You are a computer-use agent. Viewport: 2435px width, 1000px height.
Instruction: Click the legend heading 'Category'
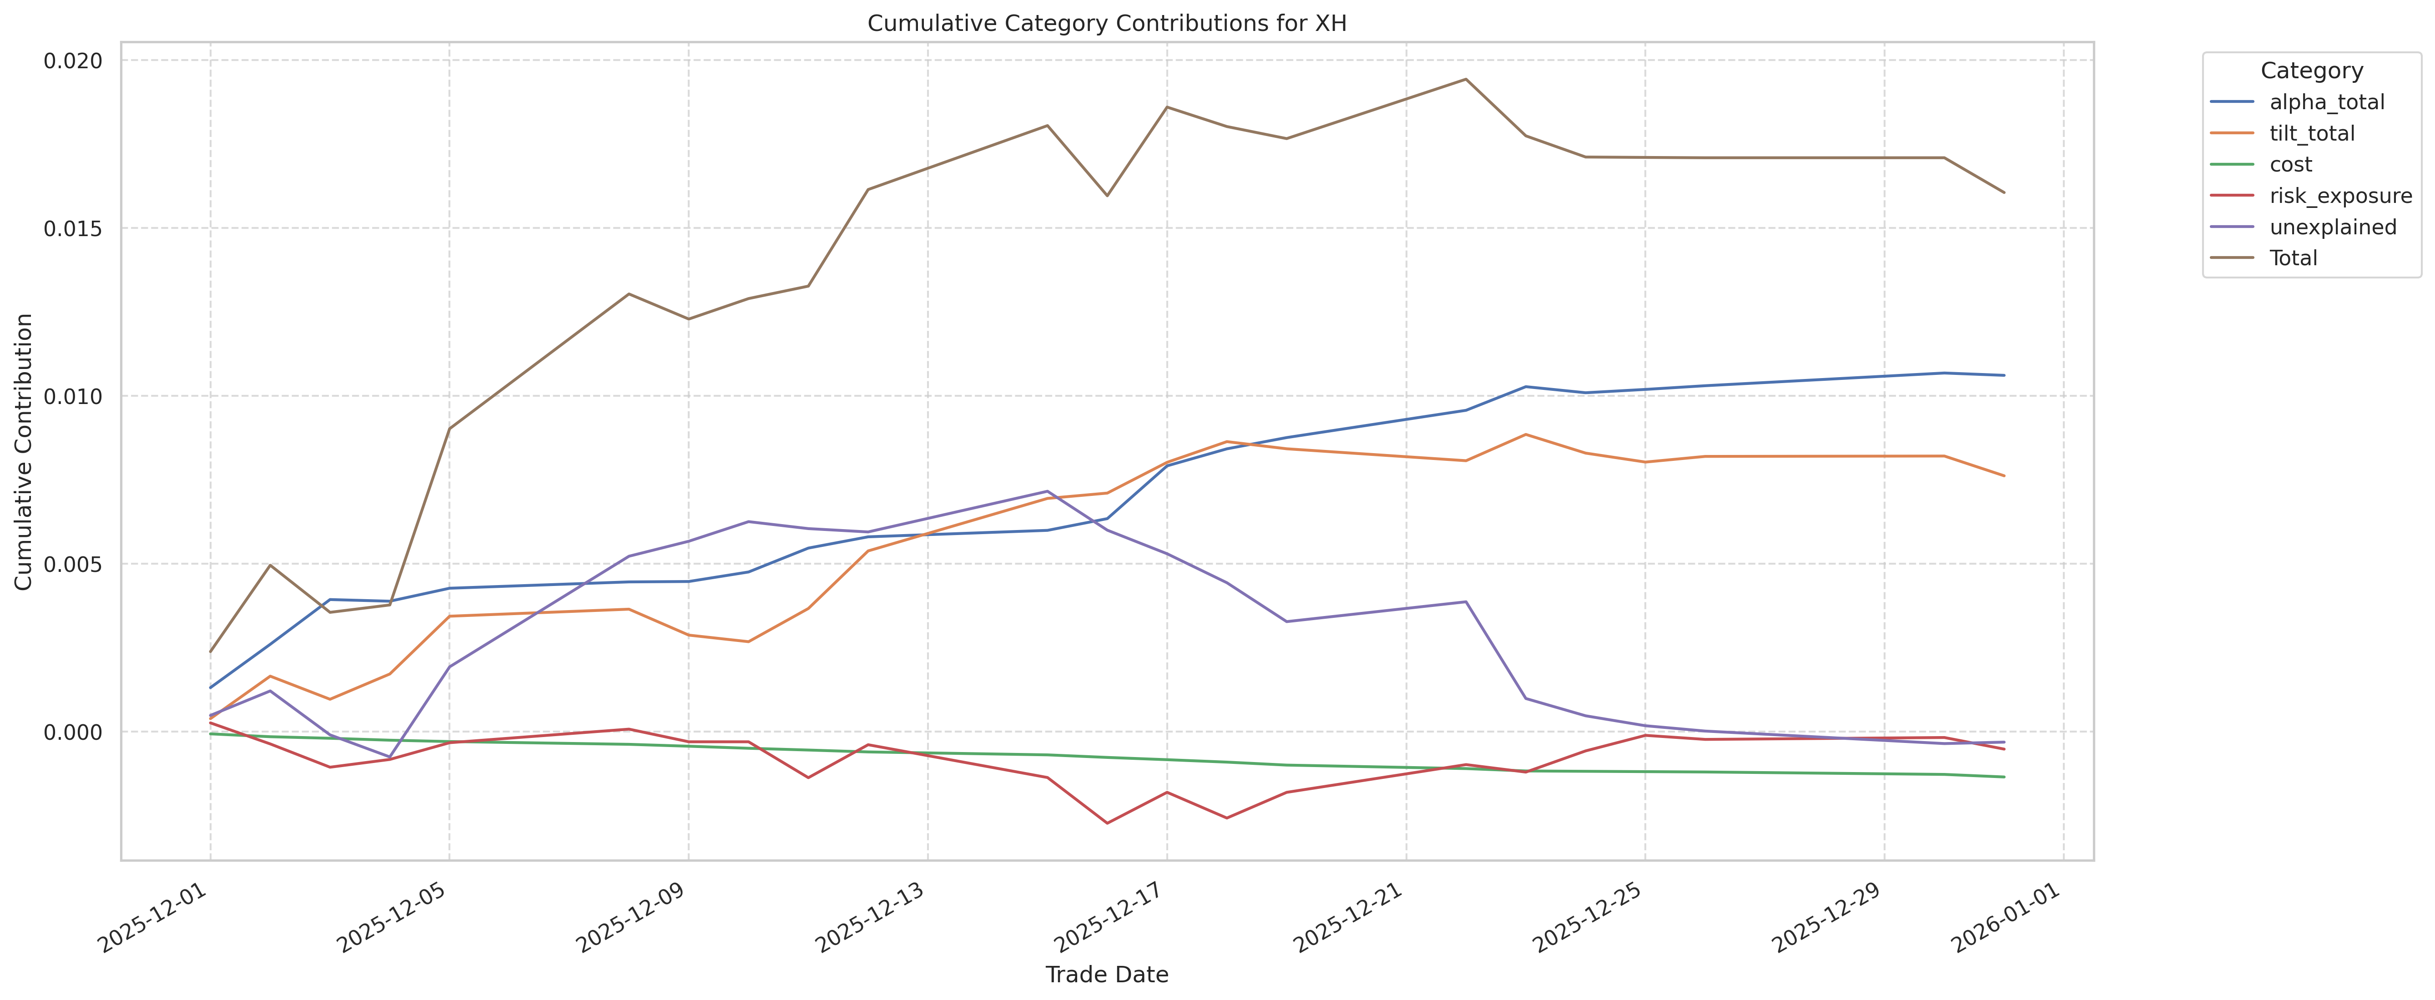click(x=2311, y=71)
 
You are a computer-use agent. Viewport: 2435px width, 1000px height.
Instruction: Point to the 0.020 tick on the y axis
click(x=73, y=61)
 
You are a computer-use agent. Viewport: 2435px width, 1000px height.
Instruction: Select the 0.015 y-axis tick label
click(x=73, y=229)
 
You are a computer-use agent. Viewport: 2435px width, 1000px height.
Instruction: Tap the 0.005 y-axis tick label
click(x=73, y=564)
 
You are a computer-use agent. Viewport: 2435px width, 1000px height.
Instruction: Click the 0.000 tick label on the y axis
click(x=73, y=732)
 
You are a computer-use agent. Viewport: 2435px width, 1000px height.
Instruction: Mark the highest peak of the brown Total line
click(x=1465, y=80)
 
